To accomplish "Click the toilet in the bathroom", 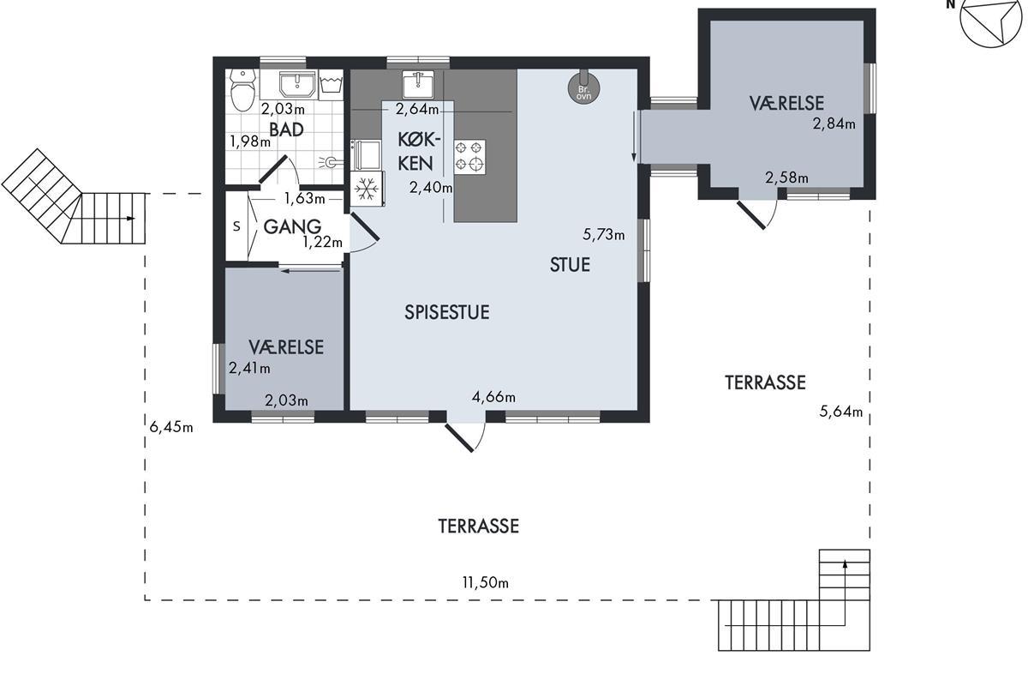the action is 242,91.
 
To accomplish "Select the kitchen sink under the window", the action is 418,84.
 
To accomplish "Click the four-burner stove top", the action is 469,157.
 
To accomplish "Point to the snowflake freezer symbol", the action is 367,189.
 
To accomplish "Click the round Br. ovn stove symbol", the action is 583,87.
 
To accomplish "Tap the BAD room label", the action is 286,129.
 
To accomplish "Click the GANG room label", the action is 292,226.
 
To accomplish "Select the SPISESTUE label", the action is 447,312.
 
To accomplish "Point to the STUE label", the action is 570,265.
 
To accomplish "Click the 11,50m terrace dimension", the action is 486,582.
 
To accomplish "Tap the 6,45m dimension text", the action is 171,427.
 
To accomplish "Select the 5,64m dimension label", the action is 841,412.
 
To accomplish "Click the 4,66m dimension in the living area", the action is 493,396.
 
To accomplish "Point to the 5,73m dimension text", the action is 603,235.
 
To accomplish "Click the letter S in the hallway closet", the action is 236,226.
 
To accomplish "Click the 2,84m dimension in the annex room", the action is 834,123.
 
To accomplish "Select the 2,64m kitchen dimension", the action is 417,110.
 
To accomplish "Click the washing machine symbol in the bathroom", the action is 331,85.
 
